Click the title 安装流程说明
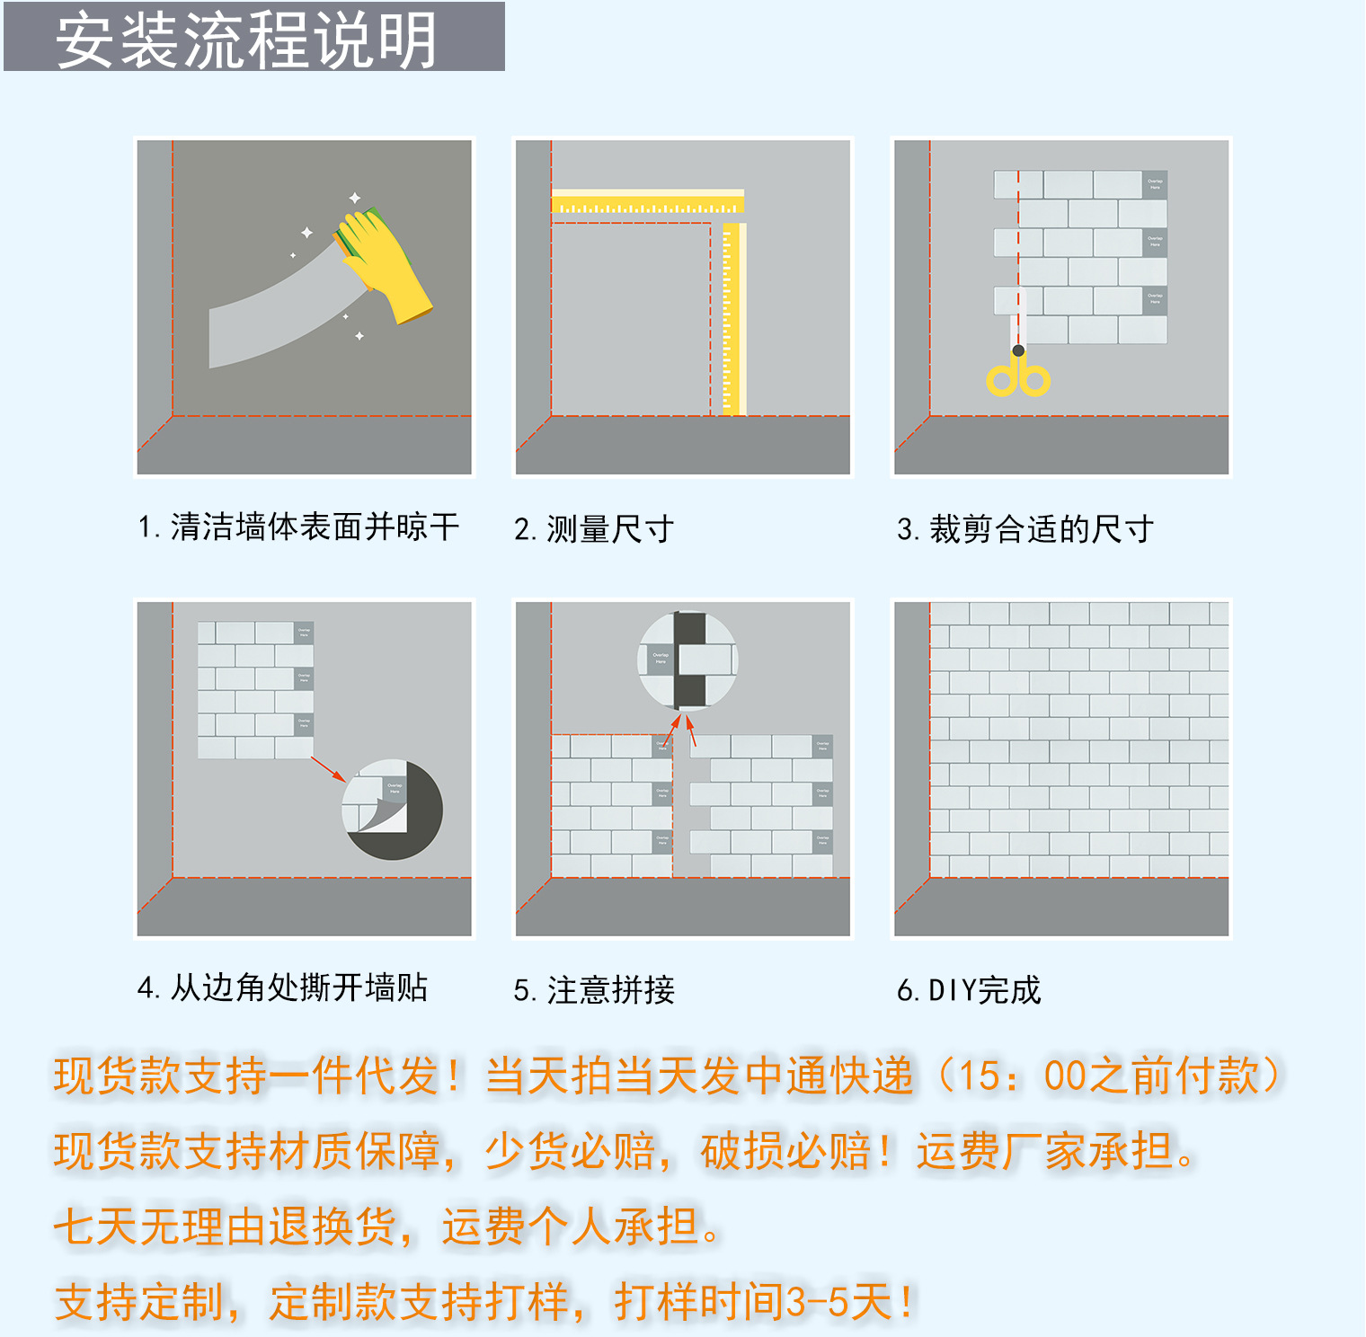click(247, 40)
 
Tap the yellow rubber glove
click(382, 262)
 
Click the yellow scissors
click(1018, 373)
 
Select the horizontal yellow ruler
click(647, 202)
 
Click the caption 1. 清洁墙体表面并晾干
click(298, 527)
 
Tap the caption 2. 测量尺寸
click(594, 529)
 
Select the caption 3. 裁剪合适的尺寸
click(1025, 529)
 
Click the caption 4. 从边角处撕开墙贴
click(282, 987)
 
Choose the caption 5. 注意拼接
click(594, 990)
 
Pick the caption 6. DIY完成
click(969, 990)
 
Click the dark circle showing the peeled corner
click(393, 810)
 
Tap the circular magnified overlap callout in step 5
click(687, 660)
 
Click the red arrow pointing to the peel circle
click(328, 769)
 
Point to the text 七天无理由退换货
click(225, 1226)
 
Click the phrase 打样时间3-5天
click(764, 1302)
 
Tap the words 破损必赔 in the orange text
click(786, 1152)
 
